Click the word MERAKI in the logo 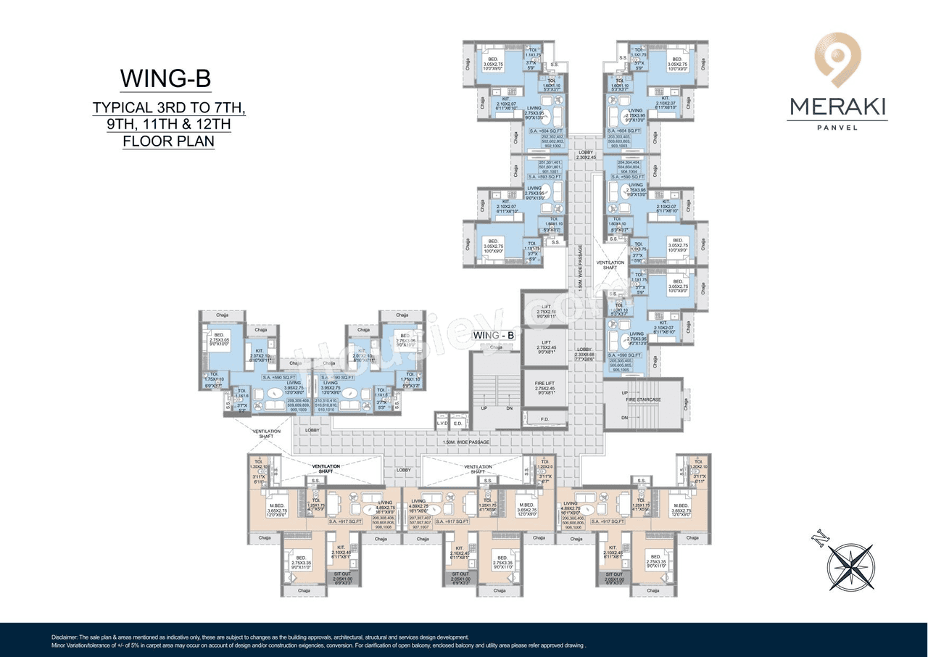click(x=837, y=107)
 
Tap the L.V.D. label click(x=442, y=423)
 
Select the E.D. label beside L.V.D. click(x=458, y=423)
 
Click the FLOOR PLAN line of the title click(x=167, y=140)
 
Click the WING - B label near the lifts click(x=493, y=335)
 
